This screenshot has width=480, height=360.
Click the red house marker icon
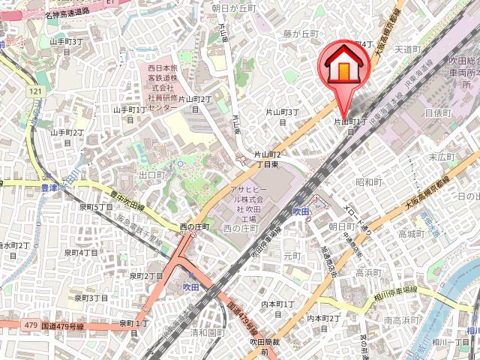click(341, 66)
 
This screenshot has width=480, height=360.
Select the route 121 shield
click(34, 91)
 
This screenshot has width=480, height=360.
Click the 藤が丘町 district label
click(301, 34)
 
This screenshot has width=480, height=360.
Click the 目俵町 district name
click(436, 113)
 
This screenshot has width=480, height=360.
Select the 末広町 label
click(442, 157)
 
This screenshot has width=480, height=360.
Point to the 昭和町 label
click(370, 181)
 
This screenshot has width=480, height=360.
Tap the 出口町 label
click(151, 175)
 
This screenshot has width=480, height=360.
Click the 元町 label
click(292, 256)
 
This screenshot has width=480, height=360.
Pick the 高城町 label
click(412, 234)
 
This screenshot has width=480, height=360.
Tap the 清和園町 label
click(208, 331)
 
